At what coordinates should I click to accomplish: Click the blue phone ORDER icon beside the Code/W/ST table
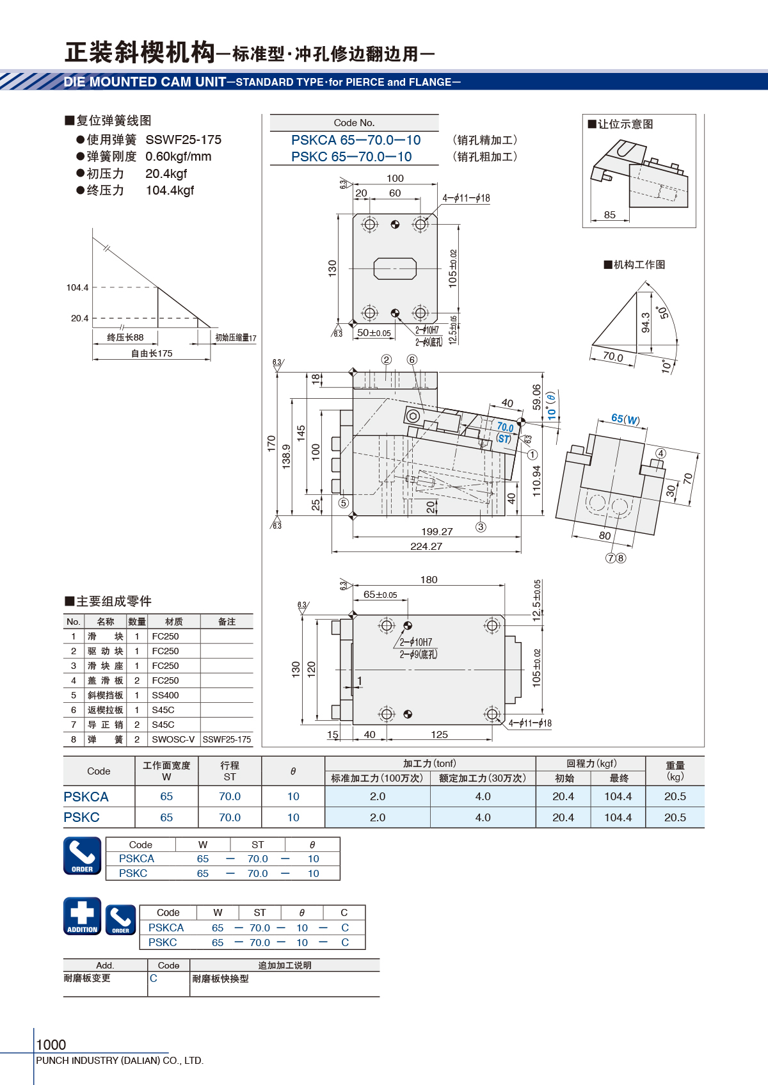click(83, 855)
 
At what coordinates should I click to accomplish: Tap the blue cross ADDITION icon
click(83, 916)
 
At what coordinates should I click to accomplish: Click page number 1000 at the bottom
click(51, 1045)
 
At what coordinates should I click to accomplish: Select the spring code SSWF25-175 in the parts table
click(227, 739)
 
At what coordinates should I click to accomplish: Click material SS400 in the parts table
click(165, 695)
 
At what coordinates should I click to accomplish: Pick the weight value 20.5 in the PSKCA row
click(675, 796)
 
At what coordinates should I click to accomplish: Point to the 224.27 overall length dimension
click(426, 547)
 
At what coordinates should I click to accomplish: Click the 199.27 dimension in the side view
click(436, 531)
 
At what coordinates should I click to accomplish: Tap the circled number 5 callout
click(343, 502)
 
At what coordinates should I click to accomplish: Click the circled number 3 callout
click(481, 527)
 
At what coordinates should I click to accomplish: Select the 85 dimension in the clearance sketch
click(610, 214)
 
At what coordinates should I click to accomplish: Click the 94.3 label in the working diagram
click(646, 323)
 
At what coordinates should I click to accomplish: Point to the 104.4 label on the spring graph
click(77, 287)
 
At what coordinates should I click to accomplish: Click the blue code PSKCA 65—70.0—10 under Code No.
click(356, 140)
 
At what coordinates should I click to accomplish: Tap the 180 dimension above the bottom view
click(429, 579)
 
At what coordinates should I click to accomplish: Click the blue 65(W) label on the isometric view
click(626, 419)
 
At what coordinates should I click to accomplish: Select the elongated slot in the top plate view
click(395, 268)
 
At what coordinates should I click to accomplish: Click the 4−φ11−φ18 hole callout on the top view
click(466, 198)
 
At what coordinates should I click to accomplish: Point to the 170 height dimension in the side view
click(271, 444)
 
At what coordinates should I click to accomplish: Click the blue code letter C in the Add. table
click(154, 978)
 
